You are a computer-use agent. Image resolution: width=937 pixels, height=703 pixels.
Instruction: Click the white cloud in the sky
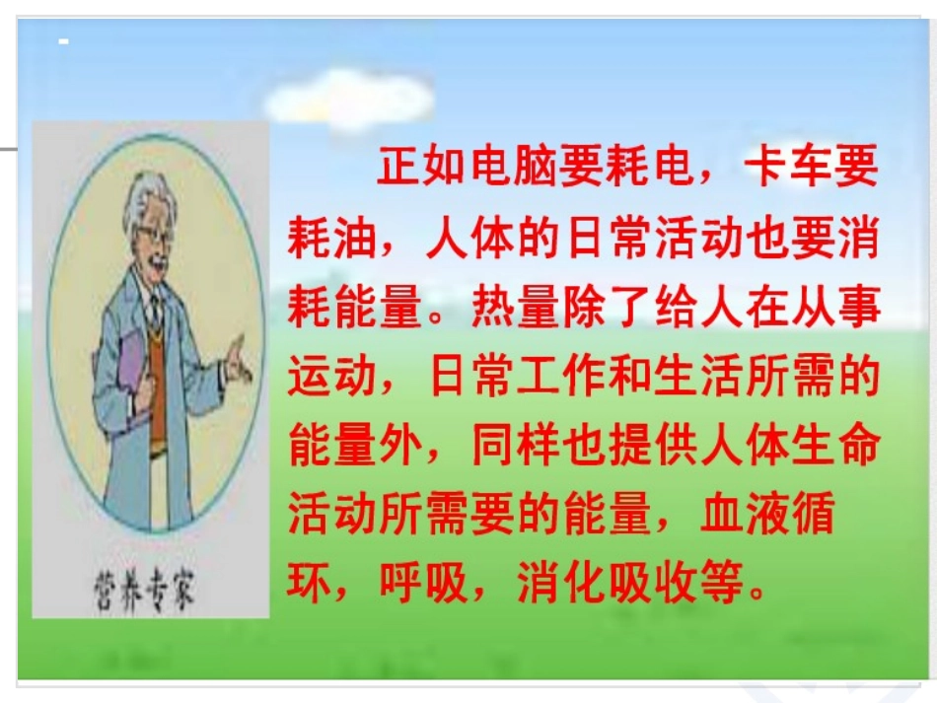pos(350,98)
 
